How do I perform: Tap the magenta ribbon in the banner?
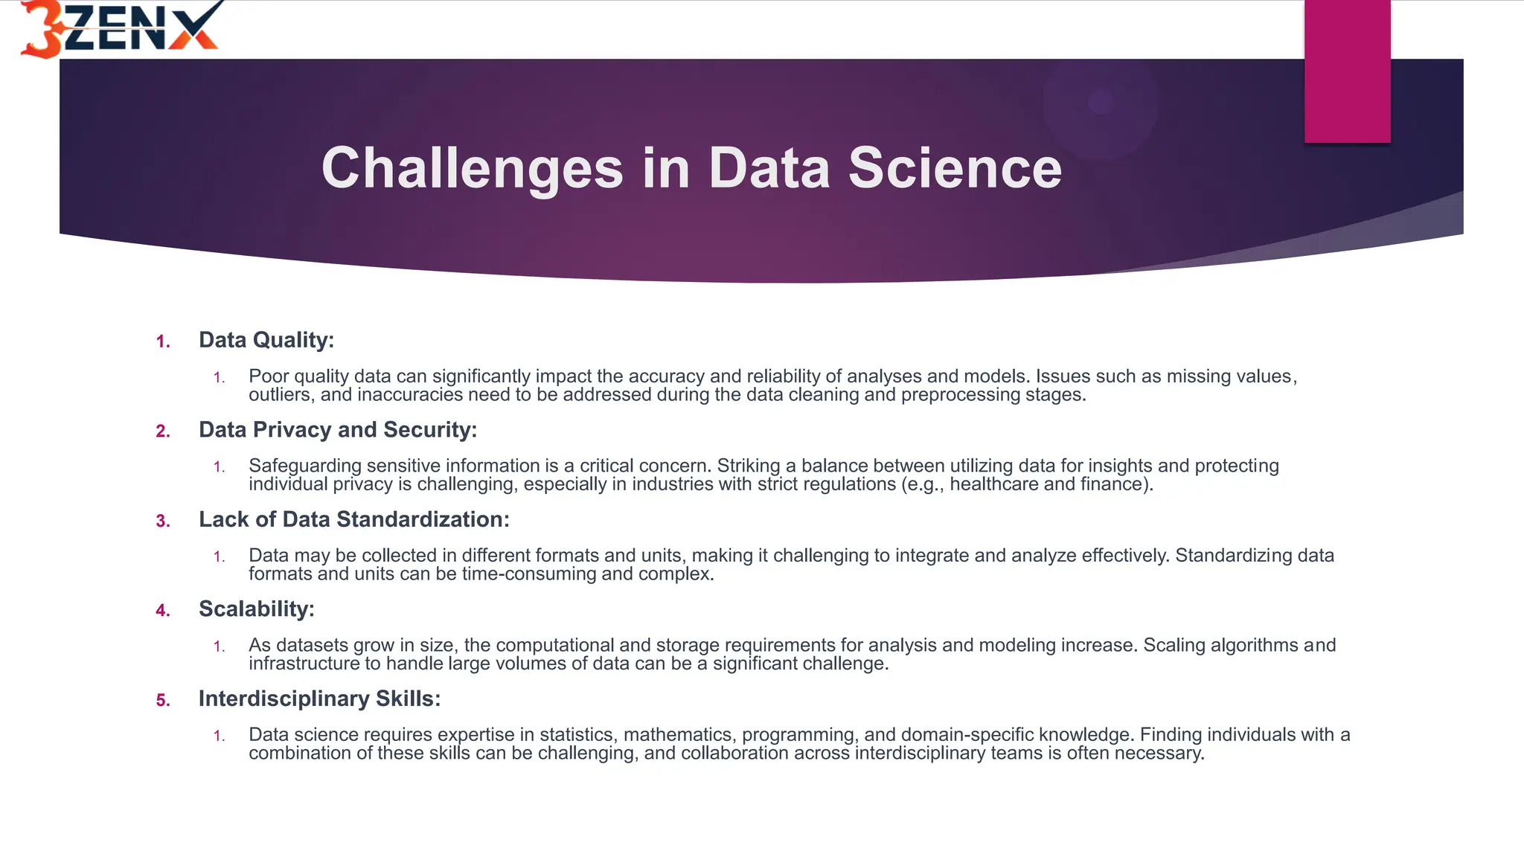point(1347,71)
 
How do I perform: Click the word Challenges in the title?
point(472,168)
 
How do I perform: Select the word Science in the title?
point(955,168)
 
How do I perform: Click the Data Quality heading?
point(266,340)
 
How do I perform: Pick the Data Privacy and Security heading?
point(337,430)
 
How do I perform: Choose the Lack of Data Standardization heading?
point(353,519)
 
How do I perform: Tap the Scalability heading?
point(256,609)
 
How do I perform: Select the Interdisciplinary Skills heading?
point(319,699)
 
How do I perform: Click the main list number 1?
point(163,342)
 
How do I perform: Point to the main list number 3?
point(163,521)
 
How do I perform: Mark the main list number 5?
point(163,701)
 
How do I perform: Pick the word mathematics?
point(679,735)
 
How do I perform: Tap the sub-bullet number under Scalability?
point(219,646)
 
